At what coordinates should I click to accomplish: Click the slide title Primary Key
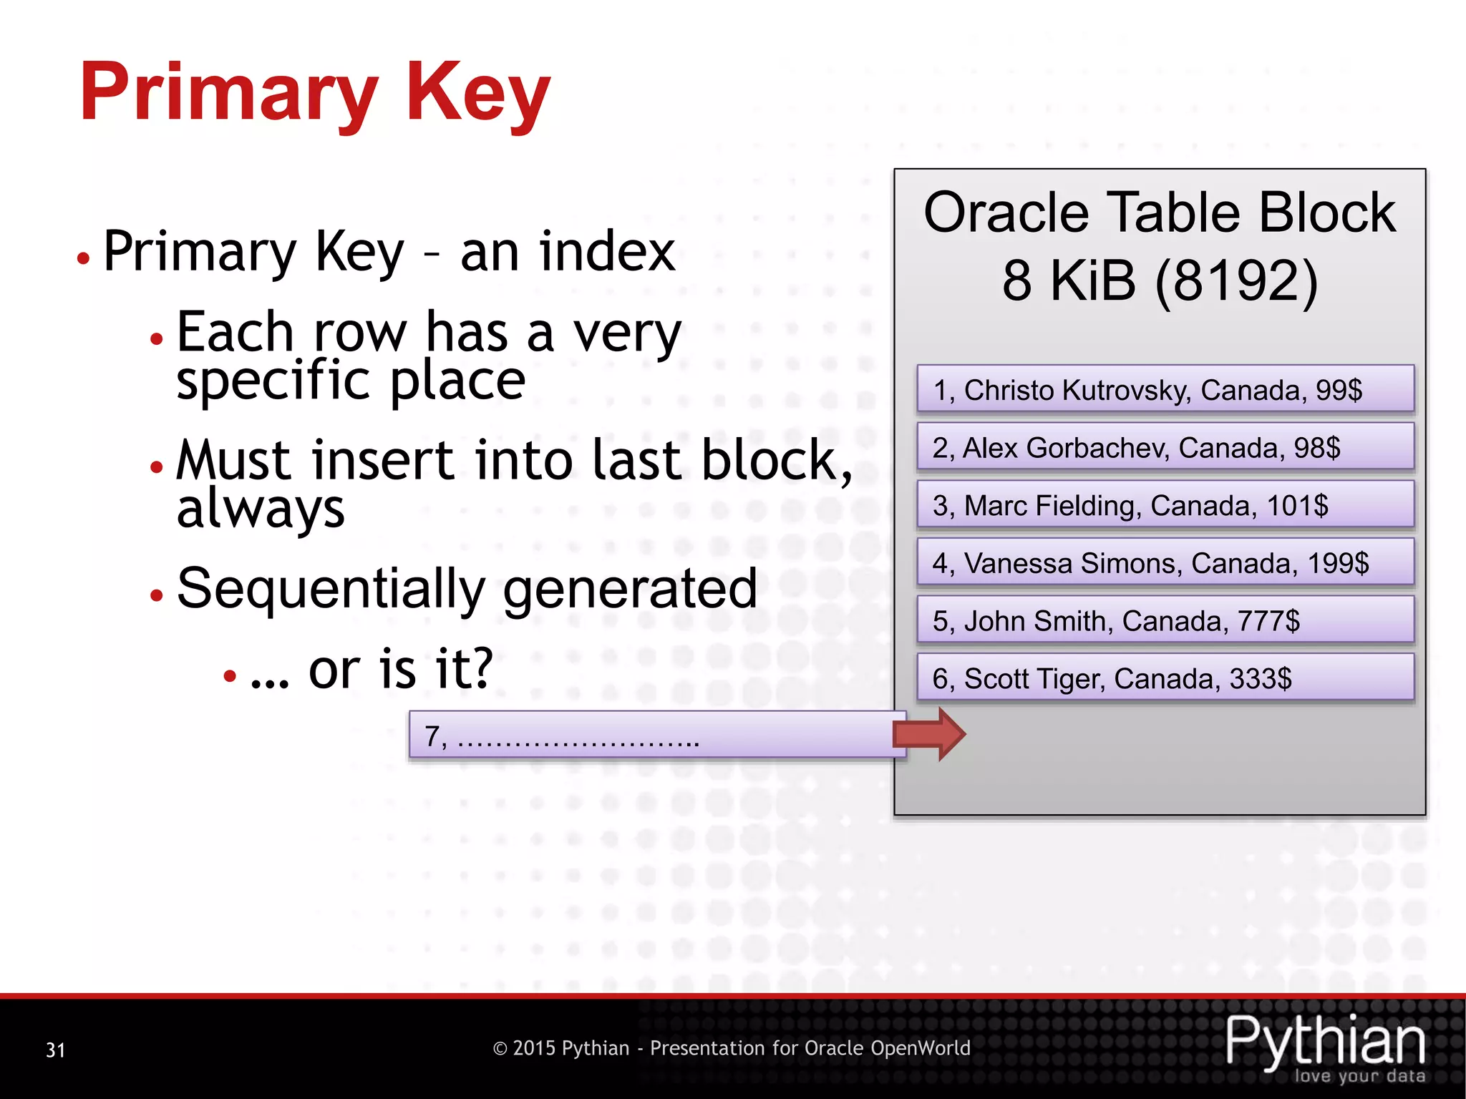pos(315,93)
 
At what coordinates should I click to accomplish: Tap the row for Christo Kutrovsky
pos(1165,390)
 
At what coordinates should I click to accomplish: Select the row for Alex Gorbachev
pos(1165,448)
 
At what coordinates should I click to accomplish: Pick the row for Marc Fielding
pos(1165,506)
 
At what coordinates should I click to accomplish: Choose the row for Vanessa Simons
pos(1165,563)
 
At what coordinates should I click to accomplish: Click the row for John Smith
pos(1165,621)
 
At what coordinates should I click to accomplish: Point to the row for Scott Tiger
pos(1165,678)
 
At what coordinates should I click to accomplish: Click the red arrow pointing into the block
pos(930,734)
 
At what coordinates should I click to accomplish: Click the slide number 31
pos(56,1050)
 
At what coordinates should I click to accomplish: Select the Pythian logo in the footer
pos(1325,1046)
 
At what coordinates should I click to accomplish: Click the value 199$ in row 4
pos(1338,564)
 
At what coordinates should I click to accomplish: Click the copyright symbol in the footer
pos(500,1049)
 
